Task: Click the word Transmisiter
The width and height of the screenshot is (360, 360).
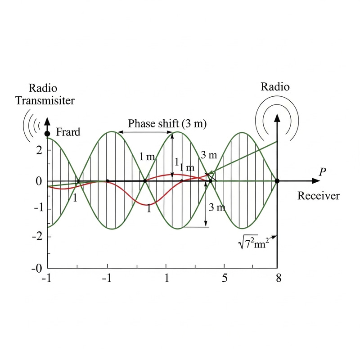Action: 45,100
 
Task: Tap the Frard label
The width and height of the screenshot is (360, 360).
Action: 68,132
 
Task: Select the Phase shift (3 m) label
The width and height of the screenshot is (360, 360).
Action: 167,123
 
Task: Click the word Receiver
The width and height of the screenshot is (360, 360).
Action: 319,196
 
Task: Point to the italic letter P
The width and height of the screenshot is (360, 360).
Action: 322,172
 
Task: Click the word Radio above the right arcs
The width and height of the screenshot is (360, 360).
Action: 275,87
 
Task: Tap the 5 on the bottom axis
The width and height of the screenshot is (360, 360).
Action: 225,278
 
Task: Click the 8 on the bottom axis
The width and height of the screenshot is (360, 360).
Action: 279,278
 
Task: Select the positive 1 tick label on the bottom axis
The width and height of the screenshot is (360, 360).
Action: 167,278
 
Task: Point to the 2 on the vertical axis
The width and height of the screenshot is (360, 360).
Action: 39,150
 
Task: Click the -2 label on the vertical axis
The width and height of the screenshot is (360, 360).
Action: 37,237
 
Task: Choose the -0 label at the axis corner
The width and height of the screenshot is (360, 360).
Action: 37,268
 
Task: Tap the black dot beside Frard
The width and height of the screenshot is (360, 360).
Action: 47,134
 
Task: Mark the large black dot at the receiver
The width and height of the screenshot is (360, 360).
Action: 277,181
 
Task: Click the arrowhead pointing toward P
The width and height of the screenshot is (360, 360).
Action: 316,181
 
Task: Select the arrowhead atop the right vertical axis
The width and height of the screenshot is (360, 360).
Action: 277,118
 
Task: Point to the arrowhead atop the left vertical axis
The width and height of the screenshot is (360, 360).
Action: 47,121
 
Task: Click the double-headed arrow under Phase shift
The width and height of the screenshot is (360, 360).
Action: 145,132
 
